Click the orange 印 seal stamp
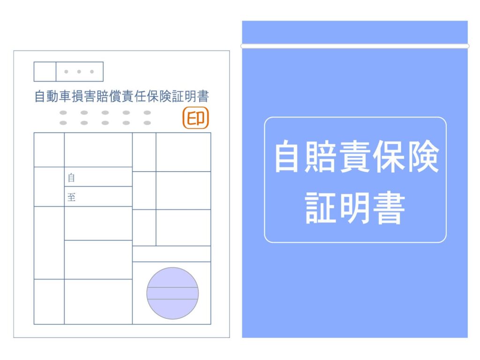click(x=195, y=118)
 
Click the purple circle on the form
click(x=172, y=293)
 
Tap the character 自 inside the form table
click(x=71, y=178)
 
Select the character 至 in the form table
click(x=71, y=197)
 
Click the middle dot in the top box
click(x=79, y=72)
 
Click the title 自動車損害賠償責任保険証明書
click(x=121, y=97)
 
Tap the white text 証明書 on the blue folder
click(x=355, y=208)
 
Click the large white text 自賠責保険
click(x=357, y=156)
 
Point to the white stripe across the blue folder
click(x=355, y=46)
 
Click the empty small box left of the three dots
click(x=45, y=72)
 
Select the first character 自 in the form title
click(x=40, y=97)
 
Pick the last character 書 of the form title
click(x=203, y=97)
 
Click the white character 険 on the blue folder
click(x=423, y=156)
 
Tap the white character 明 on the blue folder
click(x=355, y=208)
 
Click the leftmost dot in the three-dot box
click(x=66, y=72)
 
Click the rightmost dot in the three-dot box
click(x=92, y=72)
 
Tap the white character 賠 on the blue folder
click(x=323, y=156)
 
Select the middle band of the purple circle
click(x=172, y=293)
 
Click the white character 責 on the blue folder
click(x=357, y=156)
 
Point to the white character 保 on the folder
click(x=390, y=156)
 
